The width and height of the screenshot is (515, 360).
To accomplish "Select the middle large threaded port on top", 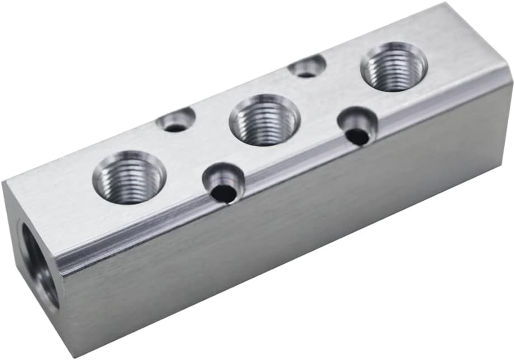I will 264,120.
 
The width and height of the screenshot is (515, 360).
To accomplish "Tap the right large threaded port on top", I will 394,66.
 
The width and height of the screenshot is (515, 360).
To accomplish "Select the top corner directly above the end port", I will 4,182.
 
